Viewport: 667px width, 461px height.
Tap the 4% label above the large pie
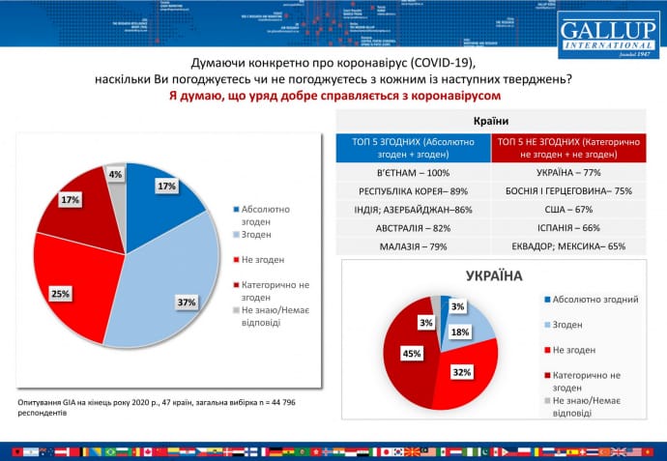tap(115, 174)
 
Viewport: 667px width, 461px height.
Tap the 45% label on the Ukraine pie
tap(412, 354)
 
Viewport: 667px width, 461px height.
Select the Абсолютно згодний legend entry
tap(594, 300)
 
